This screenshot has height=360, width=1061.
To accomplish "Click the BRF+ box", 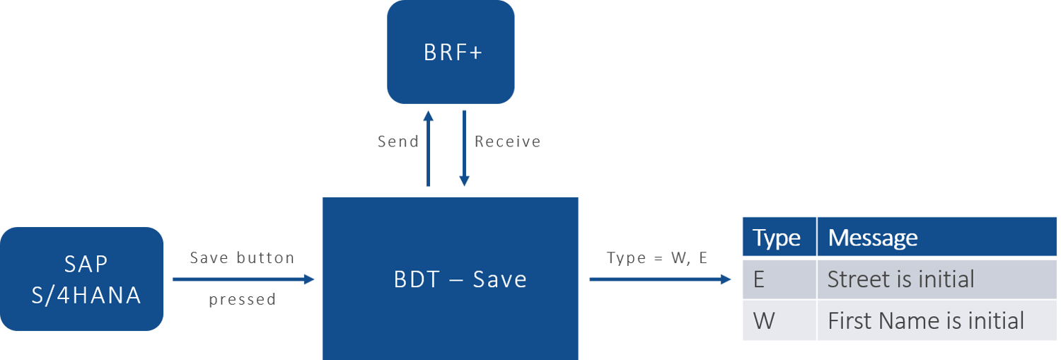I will (x=451, y=52).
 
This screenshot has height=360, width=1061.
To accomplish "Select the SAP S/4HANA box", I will (x=82, y=279).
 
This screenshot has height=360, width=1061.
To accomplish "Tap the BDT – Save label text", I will (x=460, y=279).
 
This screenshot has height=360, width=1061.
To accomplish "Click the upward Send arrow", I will (x=428, y=149).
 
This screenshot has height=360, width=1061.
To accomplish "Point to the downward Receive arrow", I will (x=464, y=149).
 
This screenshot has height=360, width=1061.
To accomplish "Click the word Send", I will (x=398, y=141).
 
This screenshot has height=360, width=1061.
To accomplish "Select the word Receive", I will (x=507, y=141).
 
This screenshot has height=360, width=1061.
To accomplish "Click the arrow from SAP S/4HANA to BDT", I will (x=243, y=279).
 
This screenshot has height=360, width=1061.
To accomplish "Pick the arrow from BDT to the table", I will (x=659, y=279).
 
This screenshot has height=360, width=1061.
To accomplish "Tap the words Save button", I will (x=242, y=257).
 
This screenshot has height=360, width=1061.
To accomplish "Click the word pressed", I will (x=242, y=299).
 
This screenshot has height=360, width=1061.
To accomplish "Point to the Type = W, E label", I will (x=656, y=257).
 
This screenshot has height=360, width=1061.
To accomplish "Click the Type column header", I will (x=776, y=238).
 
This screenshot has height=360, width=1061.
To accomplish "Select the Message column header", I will (x=872, y=238).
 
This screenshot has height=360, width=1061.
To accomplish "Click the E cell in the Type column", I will (x=759, y=279).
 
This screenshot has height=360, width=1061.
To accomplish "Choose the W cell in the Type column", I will (x=763, y=321).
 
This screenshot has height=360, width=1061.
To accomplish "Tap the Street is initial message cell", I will (x=900, y=279).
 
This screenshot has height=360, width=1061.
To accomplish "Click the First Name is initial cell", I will (x=925, y=321).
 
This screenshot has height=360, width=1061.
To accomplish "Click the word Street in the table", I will (x=857, y=279).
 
